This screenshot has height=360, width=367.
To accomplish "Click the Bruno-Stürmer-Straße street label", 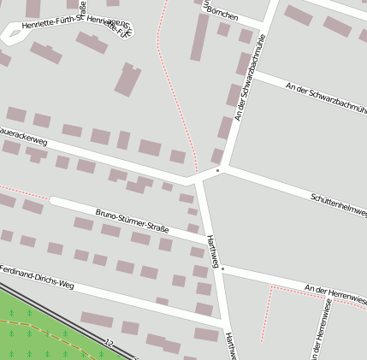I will coord(132,220).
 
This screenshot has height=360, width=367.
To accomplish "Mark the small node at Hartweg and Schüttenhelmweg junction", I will coord(217,170).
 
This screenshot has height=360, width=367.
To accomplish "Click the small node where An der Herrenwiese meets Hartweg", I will coord(222,269).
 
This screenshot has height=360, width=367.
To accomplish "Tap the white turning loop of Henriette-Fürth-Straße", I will coord(13,34).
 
